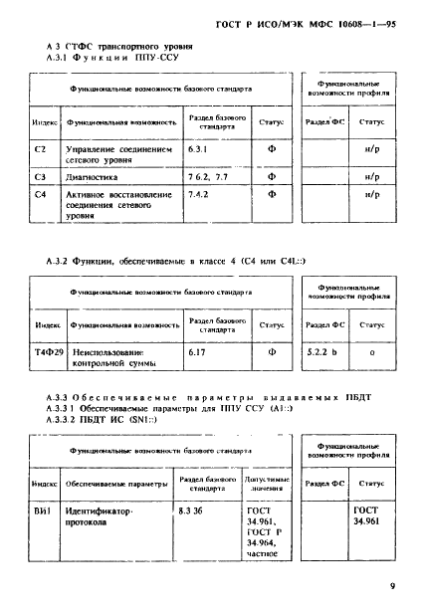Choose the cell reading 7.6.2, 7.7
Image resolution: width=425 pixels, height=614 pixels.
coord(206,176)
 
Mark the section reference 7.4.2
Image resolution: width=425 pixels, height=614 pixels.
coord(199,194)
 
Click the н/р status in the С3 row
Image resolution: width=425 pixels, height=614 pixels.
coord(371,176)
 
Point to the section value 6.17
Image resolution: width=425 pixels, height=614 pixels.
coord(197,351)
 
